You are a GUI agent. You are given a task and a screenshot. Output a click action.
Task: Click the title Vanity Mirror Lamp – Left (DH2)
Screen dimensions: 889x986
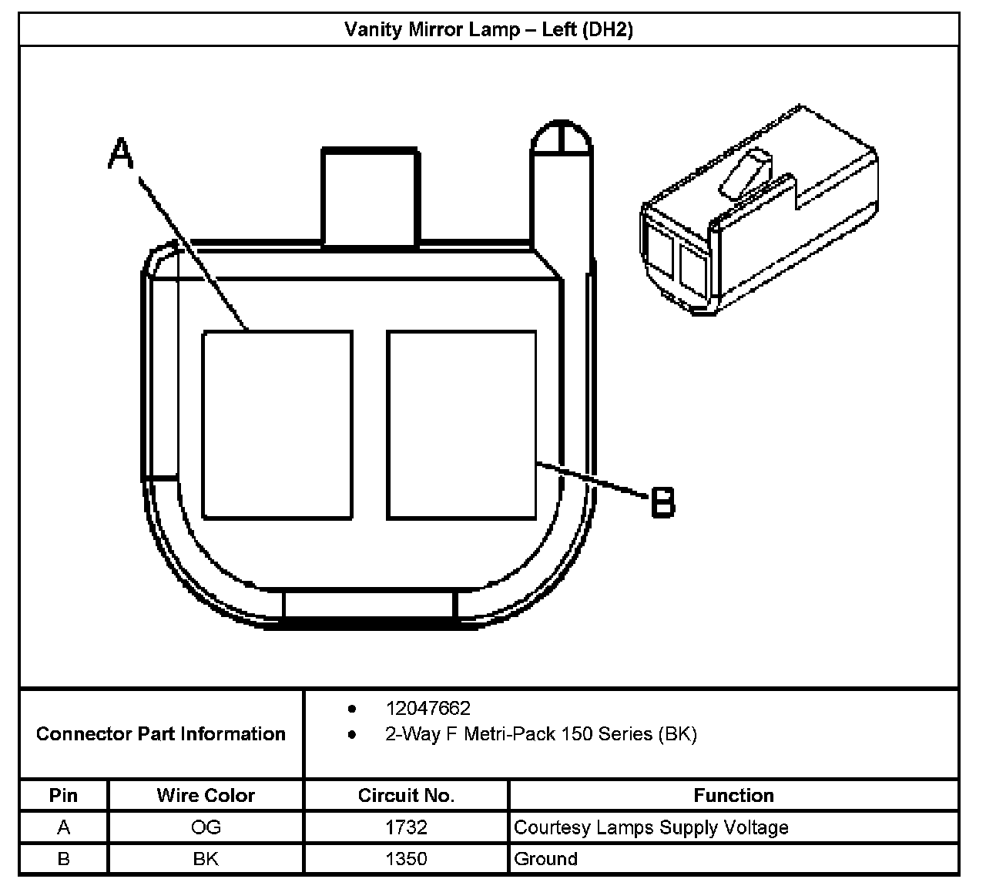coord(488,30)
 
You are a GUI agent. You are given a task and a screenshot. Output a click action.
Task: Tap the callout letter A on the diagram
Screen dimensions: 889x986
coord(120,153)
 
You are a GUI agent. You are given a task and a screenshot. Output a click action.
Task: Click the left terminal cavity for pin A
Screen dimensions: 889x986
coord(277,424)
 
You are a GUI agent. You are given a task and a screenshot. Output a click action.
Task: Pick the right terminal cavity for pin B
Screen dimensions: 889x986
coord(461,424)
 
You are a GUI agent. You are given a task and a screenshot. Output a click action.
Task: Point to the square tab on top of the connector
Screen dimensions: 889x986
coord(371,197)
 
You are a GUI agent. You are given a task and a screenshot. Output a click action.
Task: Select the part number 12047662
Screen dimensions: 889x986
coord(428,708)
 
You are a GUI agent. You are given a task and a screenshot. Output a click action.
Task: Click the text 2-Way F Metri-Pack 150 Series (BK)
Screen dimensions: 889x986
coord(541,734)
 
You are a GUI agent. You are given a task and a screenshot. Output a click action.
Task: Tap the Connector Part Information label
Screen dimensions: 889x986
coord(161,733)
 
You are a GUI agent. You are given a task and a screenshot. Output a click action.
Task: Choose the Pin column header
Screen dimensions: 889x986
coord(63,795)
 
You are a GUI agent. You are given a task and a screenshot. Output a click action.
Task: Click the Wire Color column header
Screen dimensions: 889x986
coord(206,795)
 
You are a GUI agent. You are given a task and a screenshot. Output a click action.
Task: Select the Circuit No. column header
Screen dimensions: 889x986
coord(406,795)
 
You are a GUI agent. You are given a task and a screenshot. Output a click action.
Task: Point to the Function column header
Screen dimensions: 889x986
coord(733,795)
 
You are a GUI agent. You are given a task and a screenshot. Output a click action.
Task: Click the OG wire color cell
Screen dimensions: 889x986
coord(206,827)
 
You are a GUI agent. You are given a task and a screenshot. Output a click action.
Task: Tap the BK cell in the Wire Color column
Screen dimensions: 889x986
coord(206,859)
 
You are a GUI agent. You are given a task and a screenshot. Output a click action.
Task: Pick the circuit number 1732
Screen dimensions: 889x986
coord(406,827)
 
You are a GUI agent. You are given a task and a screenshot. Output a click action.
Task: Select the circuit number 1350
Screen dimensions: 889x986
coord(406,859)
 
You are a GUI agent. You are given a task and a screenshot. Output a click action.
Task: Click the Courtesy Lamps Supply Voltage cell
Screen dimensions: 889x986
coord(651,827)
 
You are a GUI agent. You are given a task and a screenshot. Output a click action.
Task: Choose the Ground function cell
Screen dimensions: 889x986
coord(545,859)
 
